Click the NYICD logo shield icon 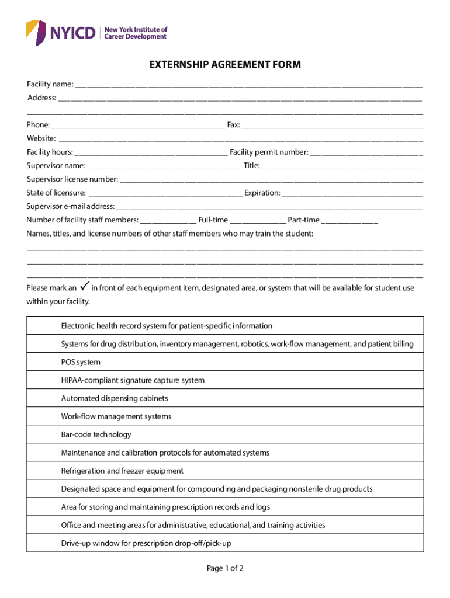pos(36,32)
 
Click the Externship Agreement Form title pos(225,65)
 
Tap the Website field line pos(240,139)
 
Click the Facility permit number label pos(269,152)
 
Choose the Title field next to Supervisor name pos(342,166)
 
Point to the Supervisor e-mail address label pos(71,207)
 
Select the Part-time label pos(303,220)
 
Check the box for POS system pos(42,362)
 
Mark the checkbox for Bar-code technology pos(42,434)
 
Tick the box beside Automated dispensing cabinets pos(42,398)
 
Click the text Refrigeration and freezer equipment pos(122,471)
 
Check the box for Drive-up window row pos(42,543)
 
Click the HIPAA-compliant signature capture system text pos(133,380)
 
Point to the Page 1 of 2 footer pos(225,568)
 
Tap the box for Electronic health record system pos(42,326)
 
